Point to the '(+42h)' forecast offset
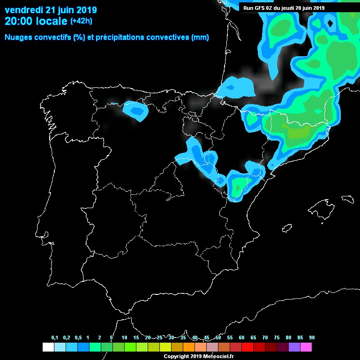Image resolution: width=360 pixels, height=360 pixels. point(82,21)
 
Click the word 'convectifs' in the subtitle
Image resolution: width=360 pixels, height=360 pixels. point(51,37)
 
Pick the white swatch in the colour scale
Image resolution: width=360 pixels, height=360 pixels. point(48,347)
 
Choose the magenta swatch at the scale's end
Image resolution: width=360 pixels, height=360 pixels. point(306,347)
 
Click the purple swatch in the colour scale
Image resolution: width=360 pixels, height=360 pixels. point(294,347)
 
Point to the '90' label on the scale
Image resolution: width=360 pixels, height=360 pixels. point(312,337)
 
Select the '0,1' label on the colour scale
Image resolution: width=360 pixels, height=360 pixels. point(54,337)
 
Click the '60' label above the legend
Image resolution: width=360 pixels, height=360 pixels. point(241,337)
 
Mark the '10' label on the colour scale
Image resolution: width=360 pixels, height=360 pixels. point(124,337)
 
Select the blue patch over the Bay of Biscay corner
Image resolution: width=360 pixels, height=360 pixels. point(237,86)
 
